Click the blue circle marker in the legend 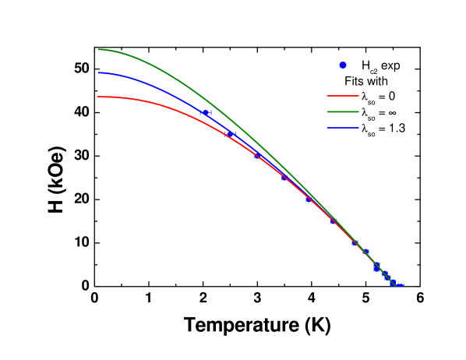343,65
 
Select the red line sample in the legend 343,96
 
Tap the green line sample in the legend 343,111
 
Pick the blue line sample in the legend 343,128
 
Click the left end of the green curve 98,50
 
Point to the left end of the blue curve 98,73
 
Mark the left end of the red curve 98,97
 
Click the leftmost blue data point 206,113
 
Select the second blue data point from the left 231,134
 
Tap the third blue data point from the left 258,156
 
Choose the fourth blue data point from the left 284,178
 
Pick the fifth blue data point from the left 309,199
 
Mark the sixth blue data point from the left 334,222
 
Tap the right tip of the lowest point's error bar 404,285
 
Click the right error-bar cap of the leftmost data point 211,113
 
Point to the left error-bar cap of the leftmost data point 200,113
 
